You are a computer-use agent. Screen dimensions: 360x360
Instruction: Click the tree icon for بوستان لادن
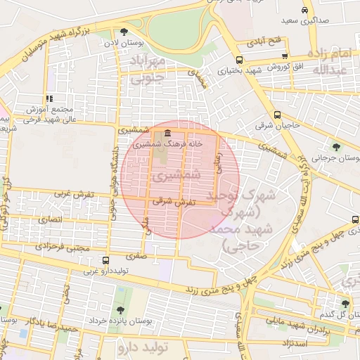tap(124, 32)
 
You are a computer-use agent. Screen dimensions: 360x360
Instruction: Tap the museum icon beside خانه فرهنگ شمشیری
tap(167, 134)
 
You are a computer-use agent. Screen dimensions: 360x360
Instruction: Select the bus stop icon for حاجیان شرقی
tap(277, 115)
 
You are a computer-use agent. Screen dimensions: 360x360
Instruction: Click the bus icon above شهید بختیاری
tap(240, 60)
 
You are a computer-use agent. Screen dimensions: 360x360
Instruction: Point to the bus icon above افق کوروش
tap(284, 56)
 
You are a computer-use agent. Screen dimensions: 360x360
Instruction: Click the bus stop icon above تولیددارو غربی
tap(105, 260)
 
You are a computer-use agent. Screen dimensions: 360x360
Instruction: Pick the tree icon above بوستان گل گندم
tap(345, 303)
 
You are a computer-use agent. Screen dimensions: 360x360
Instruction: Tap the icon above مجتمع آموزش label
tap(49, 99)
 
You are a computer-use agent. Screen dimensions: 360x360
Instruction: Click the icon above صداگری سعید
tap(304, 11)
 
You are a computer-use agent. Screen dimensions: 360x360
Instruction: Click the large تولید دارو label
tap(143, 348)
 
